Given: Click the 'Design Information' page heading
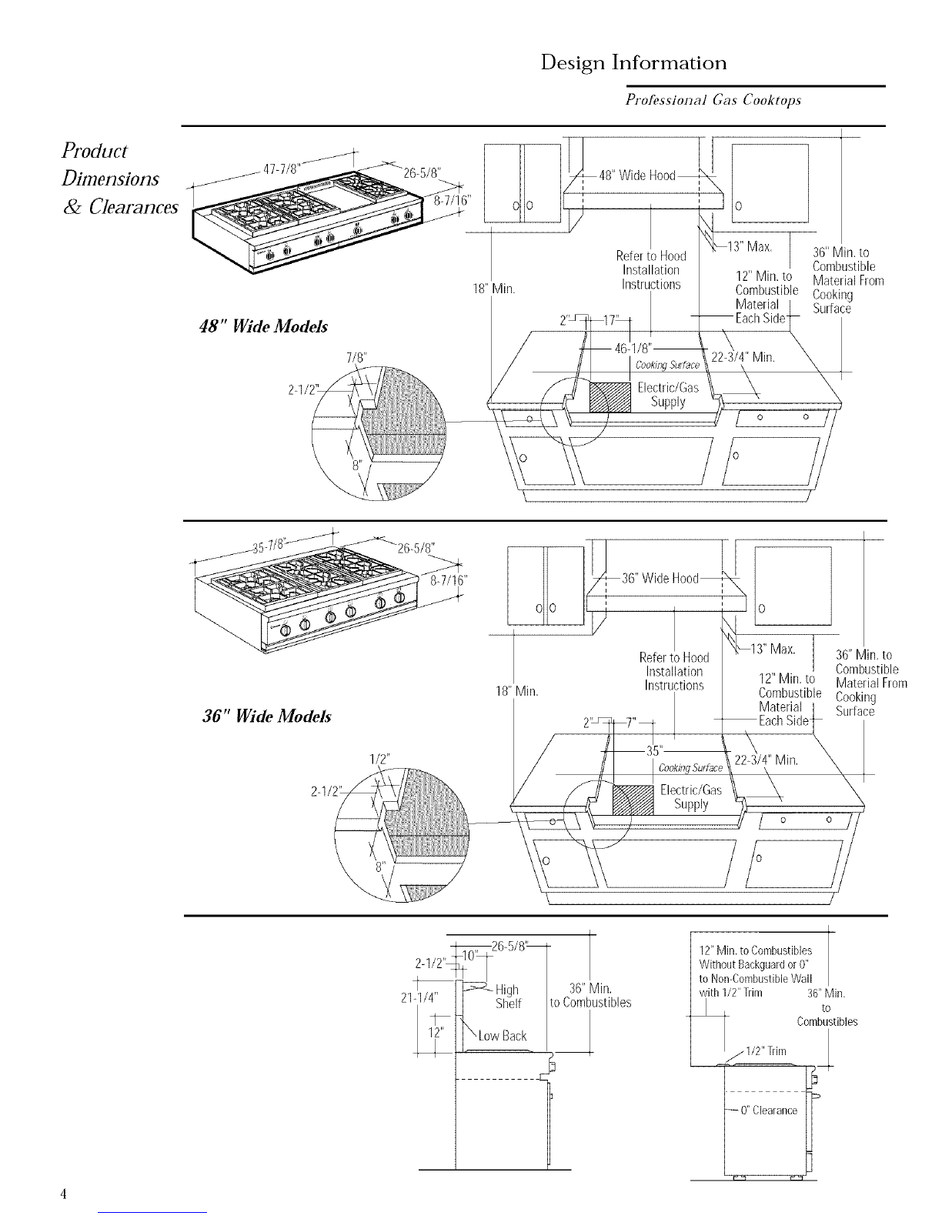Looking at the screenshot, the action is [x=633, y=63].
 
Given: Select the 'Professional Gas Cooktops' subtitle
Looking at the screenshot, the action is [x=713, y=100].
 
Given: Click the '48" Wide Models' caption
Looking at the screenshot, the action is [x=264, y=326].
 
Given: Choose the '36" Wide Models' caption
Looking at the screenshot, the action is [x=267, y=716].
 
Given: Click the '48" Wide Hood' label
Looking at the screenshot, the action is [x=637, y=175].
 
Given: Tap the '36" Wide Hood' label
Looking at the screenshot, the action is [x=660, y=579].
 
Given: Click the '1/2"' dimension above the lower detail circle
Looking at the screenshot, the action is [x=379, y=760].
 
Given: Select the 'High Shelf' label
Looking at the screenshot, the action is [x=508, y=997].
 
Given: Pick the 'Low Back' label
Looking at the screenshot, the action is [x=502, y=1036].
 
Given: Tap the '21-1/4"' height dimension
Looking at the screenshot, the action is [x=419, y=997].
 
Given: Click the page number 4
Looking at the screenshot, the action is [x=63, y=1194].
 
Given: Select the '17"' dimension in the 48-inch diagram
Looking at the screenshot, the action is [x=610, y=320].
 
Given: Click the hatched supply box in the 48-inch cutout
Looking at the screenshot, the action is [x=610, y=397].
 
